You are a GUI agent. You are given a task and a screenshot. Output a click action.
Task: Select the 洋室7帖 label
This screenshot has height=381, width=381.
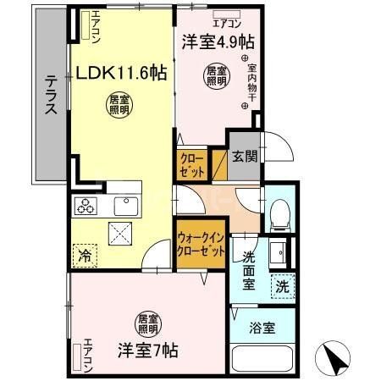[x=147, y=348]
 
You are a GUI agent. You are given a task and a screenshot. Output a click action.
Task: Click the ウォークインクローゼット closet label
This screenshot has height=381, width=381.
[x=202, y=245]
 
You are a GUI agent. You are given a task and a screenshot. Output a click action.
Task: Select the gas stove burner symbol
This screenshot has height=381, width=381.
[x=87, y=204]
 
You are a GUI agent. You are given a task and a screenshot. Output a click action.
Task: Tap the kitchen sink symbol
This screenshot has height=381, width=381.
[x=126, y=205]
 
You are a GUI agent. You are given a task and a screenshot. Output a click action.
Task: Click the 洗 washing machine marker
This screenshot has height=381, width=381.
[x=282, y=286]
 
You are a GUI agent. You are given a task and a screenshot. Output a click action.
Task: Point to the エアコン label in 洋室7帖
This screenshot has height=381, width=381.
[x=86, y=355]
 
